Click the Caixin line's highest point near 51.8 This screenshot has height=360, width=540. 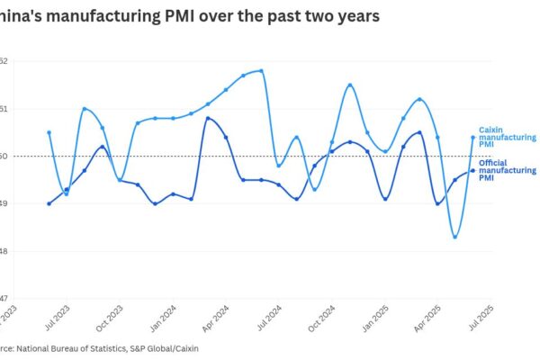coord(261,70)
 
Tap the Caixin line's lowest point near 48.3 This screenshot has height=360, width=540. coord(455,237)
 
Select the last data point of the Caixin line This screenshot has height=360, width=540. coord(472,138)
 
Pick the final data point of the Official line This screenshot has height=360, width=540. coord(472,171)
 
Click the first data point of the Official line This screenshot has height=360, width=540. coord(49,203)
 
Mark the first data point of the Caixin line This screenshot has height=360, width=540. coord(49,132)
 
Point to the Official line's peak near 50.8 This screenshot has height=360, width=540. coord(208,118)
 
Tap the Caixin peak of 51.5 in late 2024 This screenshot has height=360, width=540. coord(349,85)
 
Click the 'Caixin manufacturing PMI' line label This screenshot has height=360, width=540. coord(506,137)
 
